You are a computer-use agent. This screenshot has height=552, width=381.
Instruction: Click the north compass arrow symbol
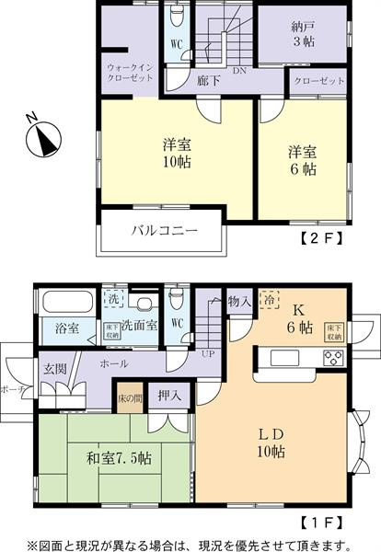(x=40, y=138)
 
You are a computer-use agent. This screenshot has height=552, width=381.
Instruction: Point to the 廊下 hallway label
(x=208, y=81)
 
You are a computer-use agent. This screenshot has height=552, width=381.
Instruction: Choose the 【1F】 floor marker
(x=321, y=521)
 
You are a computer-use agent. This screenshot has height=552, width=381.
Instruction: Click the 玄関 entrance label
(x=52, y=367)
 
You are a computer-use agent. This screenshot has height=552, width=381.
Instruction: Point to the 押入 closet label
(x=168, y=396)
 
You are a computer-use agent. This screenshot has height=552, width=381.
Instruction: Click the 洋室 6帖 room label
(x=302, y=160)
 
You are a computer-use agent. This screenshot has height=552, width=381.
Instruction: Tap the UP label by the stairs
(x=209, y=354)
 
